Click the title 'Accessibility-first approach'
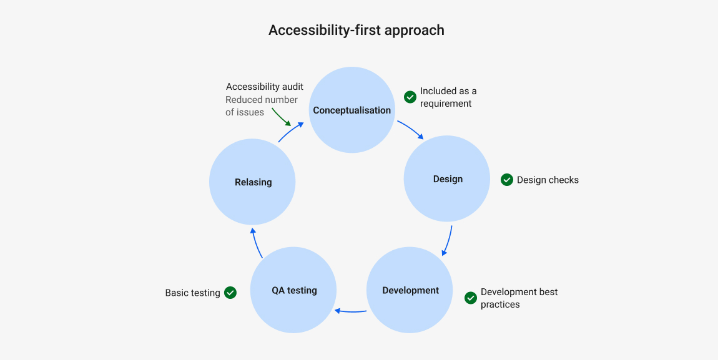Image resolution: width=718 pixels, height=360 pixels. [x=356, y=30]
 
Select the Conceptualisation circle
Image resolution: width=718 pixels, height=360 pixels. [x=352, y=110]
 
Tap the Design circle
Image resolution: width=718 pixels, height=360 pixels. [x=447, y=179]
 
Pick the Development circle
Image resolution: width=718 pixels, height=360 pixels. [x=410, y=290]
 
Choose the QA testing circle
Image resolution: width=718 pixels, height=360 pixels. [x=293, y=290]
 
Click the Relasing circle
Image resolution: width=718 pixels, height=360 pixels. [x=252, y=182]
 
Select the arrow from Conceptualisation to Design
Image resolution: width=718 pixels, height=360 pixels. [x=411, y=129]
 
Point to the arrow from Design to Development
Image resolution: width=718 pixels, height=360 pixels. [x=448, y=241]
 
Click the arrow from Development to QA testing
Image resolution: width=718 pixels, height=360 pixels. [x=351, y=311]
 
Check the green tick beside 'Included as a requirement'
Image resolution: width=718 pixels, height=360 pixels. [x=410, y=97]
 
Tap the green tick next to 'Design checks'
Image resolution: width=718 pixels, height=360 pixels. [x=507, y=180]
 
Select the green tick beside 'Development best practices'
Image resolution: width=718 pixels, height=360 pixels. [x=471, y=298]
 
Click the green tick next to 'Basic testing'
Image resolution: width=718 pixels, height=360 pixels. [x=230, y=292]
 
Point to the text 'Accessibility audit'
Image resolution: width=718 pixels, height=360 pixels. [x=265, y=87]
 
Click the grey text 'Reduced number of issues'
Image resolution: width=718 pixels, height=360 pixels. [x=261, y=106]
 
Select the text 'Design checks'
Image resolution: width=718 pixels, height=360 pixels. [x=548, y=180]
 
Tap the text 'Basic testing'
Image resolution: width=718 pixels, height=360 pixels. [x=192, y=293]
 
